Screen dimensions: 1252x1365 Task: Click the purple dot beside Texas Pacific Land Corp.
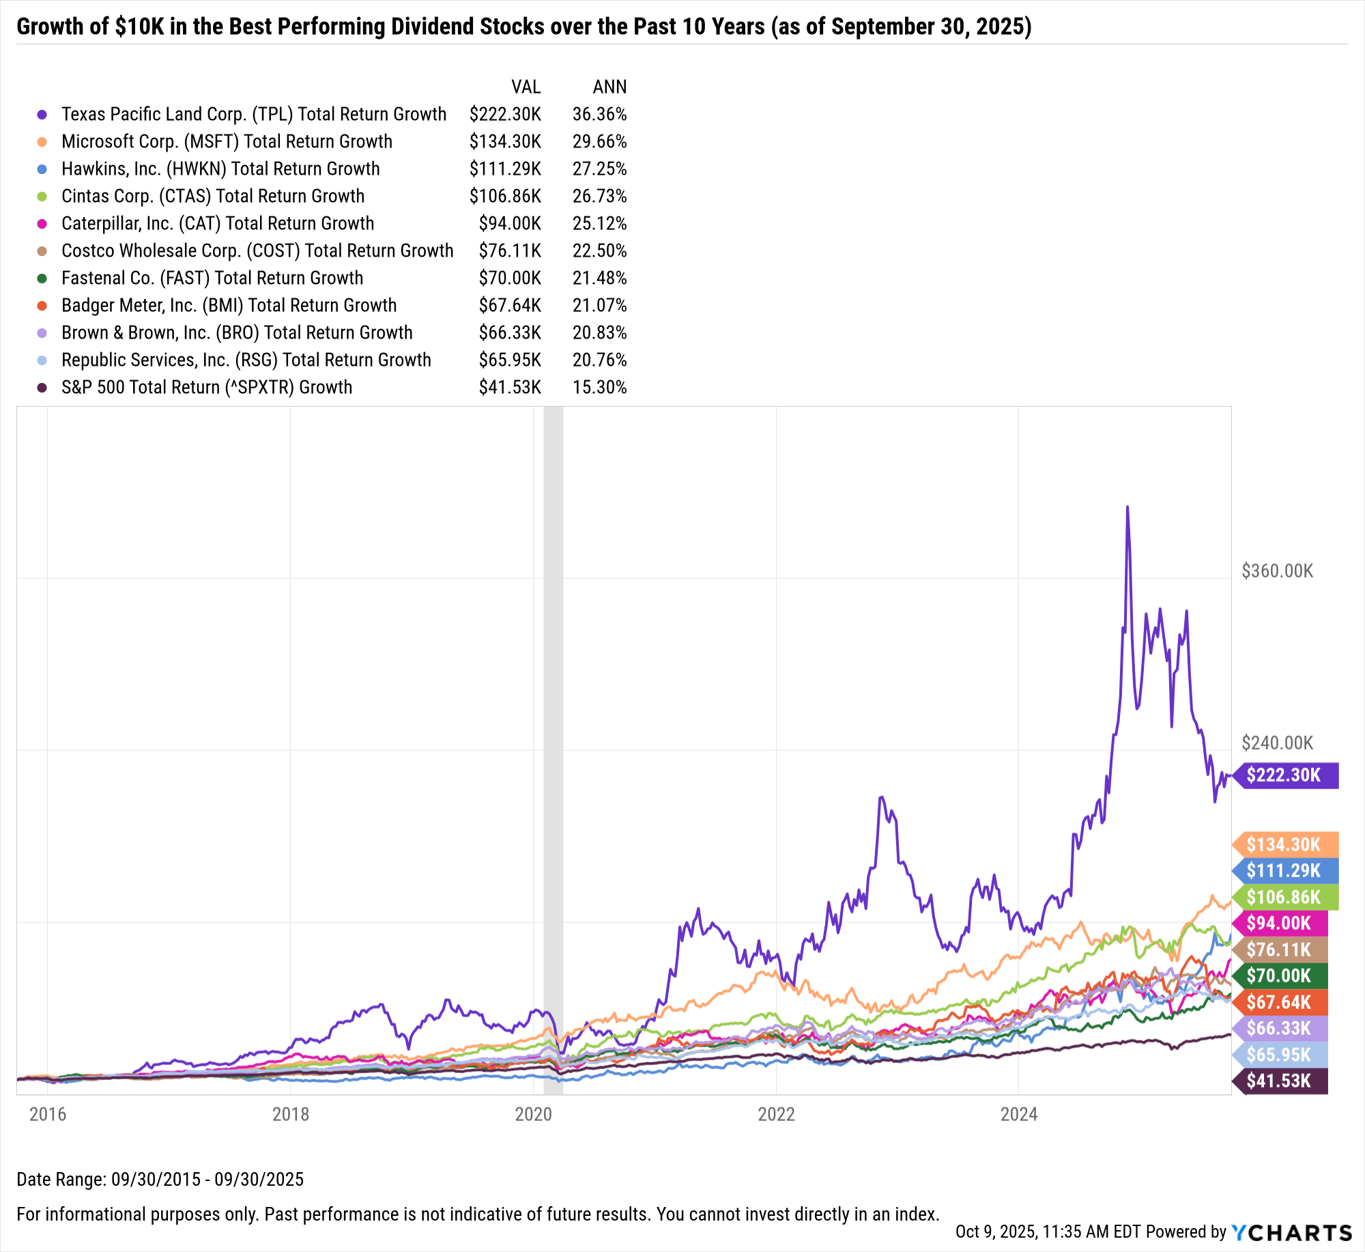(x=42, y=115)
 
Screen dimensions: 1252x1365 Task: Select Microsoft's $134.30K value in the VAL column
(x=505, y=141)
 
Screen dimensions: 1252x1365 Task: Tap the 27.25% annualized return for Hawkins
(x=599, y=169)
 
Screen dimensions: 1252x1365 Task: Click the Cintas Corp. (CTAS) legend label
(x=213, y=196)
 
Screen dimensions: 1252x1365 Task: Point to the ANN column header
(x=609, y=87)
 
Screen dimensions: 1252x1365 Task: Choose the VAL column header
(x=526, y=87)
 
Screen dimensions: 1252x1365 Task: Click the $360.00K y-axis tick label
(x=1277, y=571)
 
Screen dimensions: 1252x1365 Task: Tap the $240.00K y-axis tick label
(x=1277, y=743)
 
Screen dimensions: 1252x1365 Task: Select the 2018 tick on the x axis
(x=290, y=1114)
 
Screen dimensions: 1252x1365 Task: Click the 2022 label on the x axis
(x=776, y=1114)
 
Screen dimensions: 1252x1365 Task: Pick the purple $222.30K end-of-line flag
(x=1285, y=775)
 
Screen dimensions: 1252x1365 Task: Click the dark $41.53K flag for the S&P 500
(x=1280, y=1081)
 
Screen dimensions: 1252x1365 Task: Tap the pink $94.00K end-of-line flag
(x=1280, y=923)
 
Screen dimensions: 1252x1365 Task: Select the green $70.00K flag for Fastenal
(x=1280, y=976)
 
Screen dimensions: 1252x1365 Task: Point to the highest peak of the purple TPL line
(x=1127, y=507)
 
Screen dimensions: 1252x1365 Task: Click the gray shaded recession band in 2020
(x=553, y=683)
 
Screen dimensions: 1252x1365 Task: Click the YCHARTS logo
(x=1291, y=1232)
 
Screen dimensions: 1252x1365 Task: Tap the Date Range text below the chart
(x=160, y=1179)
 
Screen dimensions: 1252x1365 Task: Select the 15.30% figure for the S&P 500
(x=599, y=387)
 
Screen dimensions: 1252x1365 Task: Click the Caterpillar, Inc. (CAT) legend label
(x=218, y=223)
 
